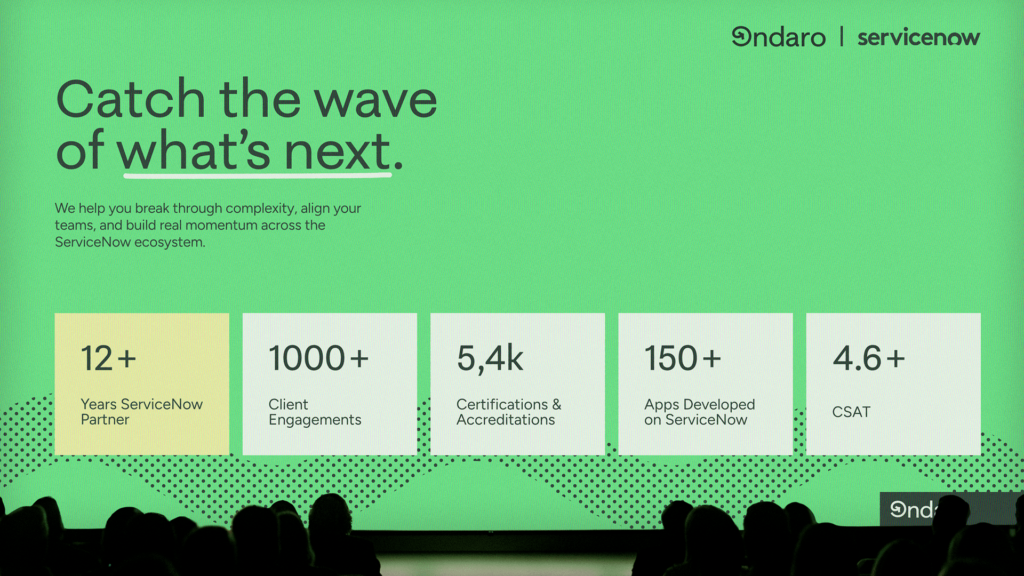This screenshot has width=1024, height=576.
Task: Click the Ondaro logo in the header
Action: [x=778, y=37]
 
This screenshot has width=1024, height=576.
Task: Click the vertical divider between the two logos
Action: [x=842, y=37]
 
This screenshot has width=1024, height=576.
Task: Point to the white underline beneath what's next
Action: [x=258, y=174]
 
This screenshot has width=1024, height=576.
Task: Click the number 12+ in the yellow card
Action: [x=108, y=358]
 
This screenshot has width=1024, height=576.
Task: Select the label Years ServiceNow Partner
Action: [x=141, y=412]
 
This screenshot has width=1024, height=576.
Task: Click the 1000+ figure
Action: [x=318, y=358]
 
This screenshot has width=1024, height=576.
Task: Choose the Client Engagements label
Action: [x=315, y=412]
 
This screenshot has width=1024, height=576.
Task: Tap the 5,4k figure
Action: [x=490, y=358]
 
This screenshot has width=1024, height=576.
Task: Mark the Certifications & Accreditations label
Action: [x=508, y=412]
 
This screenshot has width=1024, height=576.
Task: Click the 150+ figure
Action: [x=682, y=358]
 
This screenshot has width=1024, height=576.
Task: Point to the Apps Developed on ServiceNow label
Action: [x=699, y=412]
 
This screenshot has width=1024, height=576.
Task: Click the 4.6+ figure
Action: [x=869, y=358]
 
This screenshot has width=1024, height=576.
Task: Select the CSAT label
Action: [x=851, y=412]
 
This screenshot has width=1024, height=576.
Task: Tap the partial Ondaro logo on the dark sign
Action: [x=913, y=510]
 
